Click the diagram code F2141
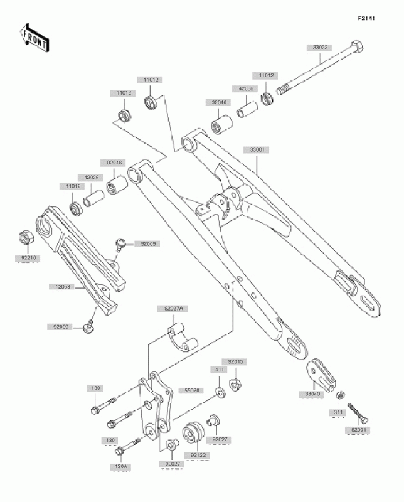(366, 18)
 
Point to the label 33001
(256, 151)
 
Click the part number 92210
(28, 257)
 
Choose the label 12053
(62, 286)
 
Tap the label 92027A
(173, 309)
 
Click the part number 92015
(237, 362)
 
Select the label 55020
(191, 390)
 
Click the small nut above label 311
(339, 395)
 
